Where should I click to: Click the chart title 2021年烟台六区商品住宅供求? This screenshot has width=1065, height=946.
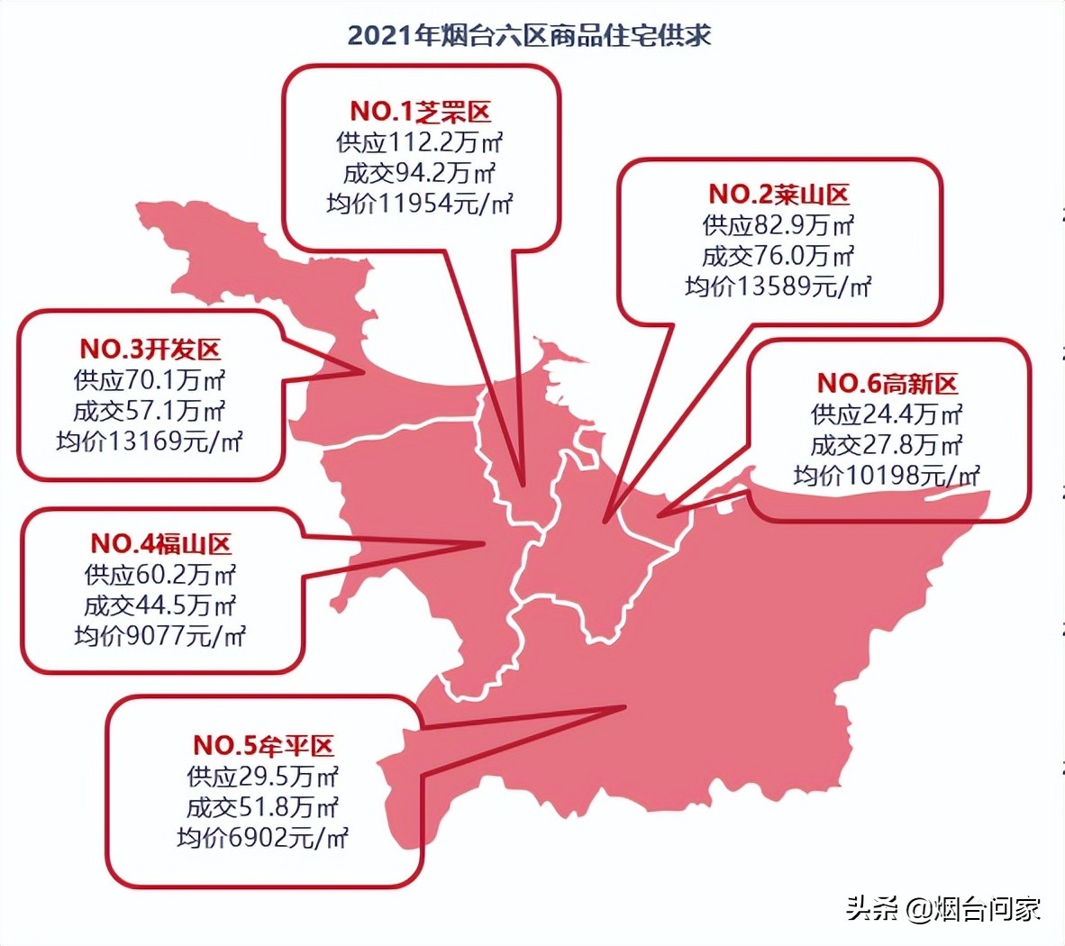tap(530, 35)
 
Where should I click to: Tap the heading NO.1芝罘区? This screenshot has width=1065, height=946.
tap(421, 112)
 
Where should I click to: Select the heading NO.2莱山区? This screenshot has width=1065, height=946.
tap(778, 195)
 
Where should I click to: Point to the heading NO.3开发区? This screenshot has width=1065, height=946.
tap(150, 350)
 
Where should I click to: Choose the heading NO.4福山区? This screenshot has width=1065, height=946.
tap(160, 544)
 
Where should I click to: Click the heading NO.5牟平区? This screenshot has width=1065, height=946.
tap(263, 746)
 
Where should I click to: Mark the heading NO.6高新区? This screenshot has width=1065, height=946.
tap(887, 384)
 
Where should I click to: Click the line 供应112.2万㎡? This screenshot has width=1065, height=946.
tap(420, 142)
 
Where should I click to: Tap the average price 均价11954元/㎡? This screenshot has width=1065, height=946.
tap(420, 204)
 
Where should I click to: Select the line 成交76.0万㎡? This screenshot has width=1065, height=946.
tap(778, 256)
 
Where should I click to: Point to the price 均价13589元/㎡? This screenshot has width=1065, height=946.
tap(778, 287)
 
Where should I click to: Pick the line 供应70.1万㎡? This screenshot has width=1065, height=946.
tap(150, 380)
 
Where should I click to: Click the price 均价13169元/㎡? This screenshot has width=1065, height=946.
tap(150, 441)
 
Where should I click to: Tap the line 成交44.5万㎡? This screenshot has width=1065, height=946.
tap(160, 605)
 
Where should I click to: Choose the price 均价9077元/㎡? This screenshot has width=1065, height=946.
tap(160, 636)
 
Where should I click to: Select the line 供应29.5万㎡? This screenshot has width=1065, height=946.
tap(263, 777)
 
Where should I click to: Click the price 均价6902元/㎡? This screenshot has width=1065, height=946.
tap(263, 838)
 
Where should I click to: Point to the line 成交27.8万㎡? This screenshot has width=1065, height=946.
tap(887, 445)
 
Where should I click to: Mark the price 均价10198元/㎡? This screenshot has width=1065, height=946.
tap(887, 476)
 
